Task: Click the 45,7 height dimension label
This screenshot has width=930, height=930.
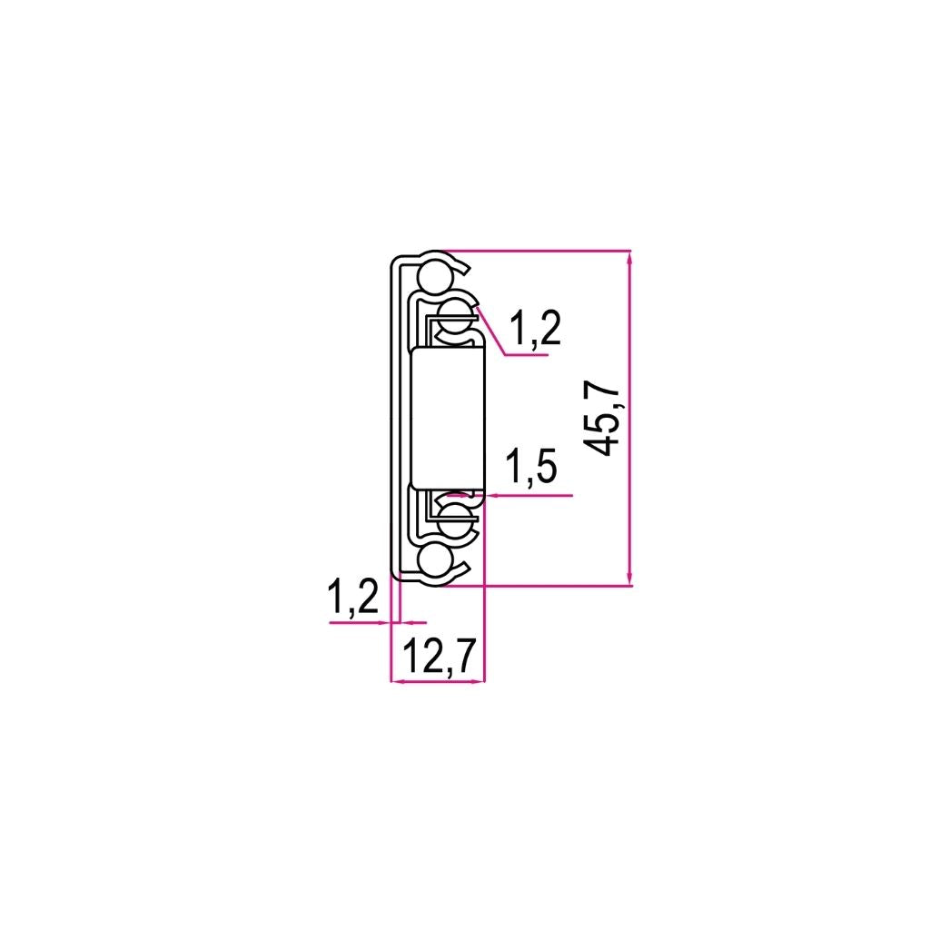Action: [x=600, y=418]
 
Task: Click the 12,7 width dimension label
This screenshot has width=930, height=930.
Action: [x=440, y=657]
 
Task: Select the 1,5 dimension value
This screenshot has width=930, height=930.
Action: [x=530, y=466]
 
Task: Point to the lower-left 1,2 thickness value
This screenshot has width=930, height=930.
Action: [x=353, y=598]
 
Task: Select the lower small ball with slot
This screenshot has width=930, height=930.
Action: [x=456, y=519]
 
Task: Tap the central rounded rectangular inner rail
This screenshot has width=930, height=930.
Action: [x=448, y=418]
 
